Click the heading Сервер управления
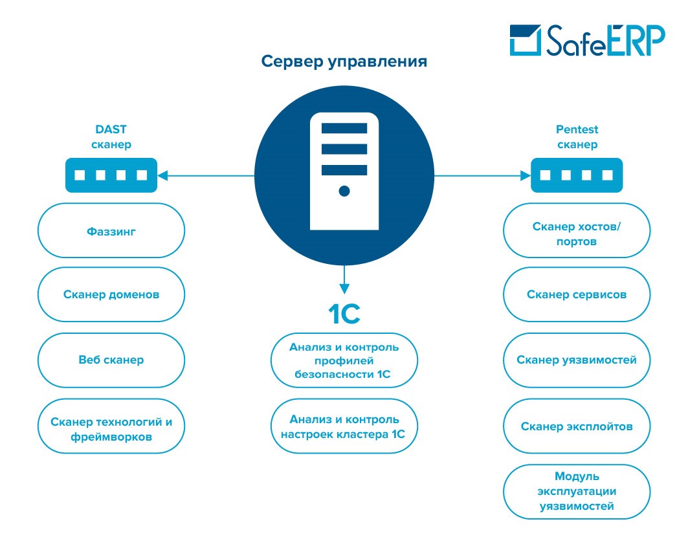(x=344, y=61)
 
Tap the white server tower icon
(x=344, y=171)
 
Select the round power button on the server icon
(x=344, y=191)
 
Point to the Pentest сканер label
(x=577, y=137)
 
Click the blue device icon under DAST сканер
(x=111, y=175)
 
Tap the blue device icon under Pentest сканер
(x=577, y=175)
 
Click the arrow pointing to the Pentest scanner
(x=482, y=175)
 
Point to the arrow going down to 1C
(x=344, y=279)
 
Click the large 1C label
(x=344, y=314)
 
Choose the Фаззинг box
(x=111, y=230)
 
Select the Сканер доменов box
(x=111, y=294)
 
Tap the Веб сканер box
(x=111, y=360)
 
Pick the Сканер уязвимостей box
(x=577, y=360)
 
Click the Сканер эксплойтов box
(x=577, y=426)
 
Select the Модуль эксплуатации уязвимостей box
(x=577, y=492)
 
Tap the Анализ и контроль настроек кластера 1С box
(x=344, y=427)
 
